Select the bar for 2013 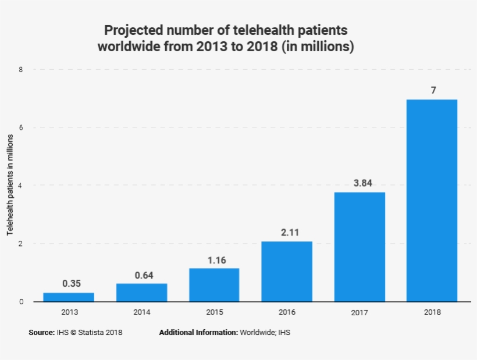69,297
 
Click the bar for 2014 141,293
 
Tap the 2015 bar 214,285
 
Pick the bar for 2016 287,272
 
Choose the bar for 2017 359,247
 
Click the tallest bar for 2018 432,201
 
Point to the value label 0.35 71,284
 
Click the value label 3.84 362,183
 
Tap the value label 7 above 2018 433,90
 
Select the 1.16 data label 217,260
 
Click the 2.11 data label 290,233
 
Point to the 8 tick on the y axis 21,69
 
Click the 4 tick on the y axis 21,186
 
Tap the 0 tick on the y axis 21,301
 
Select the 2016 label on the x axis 287,312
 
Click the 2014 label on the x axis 141,312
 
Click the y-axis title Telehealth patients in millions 10,185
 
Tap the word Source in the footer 41,333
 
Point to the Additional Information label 198,333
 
